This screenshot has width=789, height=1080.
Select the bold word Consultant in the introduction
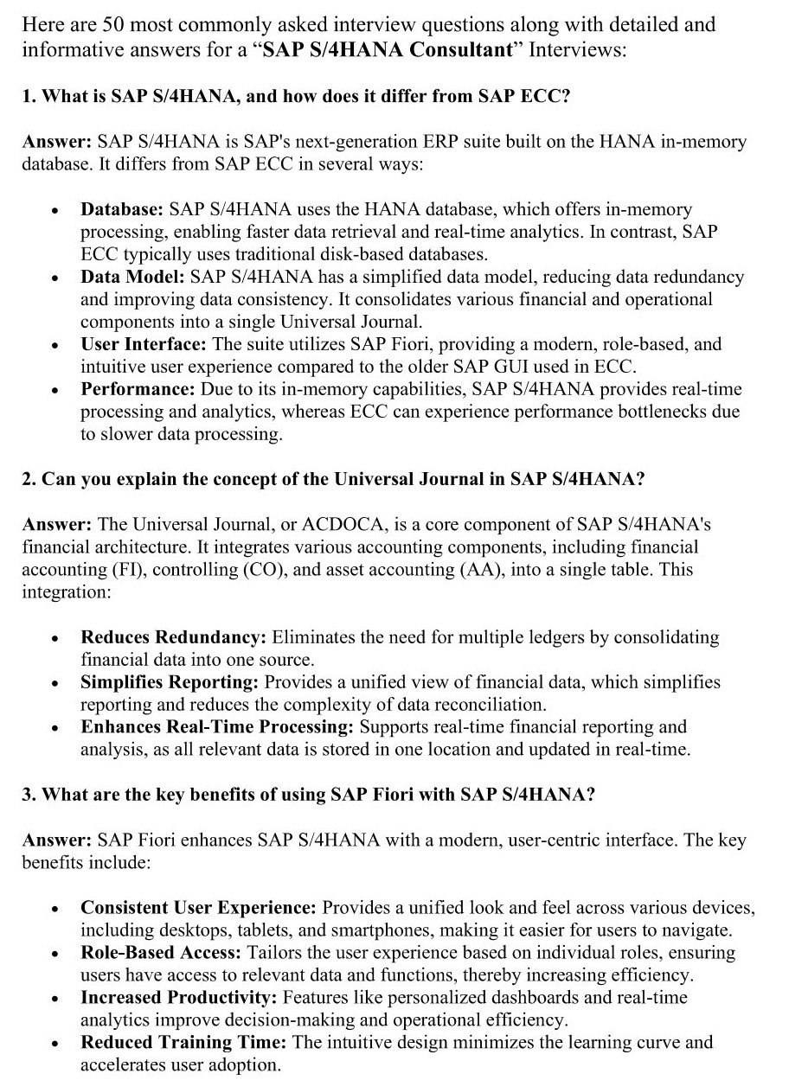pyautogui.click(x=461, y=49)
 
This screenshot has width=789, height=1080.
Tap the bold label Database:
pyautogui.click(x=122, y=209)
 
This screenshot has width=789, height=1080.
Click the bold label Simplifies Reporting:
pyautogui.click(x=170, y=682)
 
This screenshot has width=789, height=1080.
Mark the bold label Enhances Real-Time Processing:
pyautogui.click(x=217, y=727)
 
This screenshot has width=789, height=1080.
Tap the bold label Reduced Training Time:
pyautogui.click(x=183, y=1042)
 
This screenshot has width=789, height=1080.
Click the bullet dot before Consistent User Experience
pyautogui.click(x=55, y=910)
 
